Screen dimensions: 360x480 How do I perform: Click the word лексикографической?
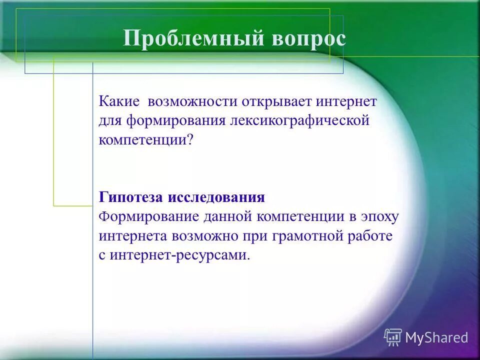tap(299, 120)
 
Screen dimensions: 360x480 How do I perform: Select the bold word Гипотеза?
tap(131, 197)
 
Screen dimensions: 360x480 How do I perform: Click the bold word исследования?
tap(216, 197)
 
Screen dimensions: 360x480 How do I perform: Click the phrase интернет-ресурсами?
tap(177, 254)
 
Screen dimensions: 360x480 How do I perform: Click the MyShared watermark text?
tap(436, 337)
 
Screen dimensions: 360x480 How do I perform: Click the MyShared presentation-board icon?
tap(393, 337)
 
